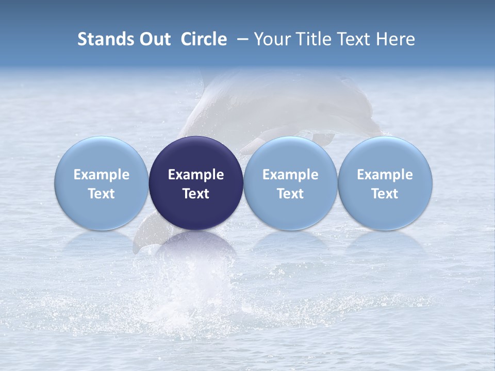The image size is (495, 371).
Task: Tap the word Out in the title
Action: [154, 39]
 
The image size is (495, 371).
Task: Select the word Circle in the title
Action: [204, 39]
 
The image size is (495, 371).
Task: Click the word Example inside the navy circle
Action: [196, 175]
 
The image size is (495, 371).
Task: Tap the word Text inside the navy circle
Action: [196, 194]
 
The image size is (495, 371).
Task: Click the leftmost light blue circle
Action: [102, 155]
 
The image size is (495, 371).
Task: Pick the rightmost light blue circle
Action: [385, 155]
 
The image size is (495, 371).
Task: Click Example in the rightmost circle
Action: [385, 175]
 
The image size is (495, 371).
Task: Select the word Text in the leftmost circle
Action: [102, 194]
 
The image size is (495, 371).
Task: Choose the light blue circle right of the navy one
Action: [290, 155]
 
